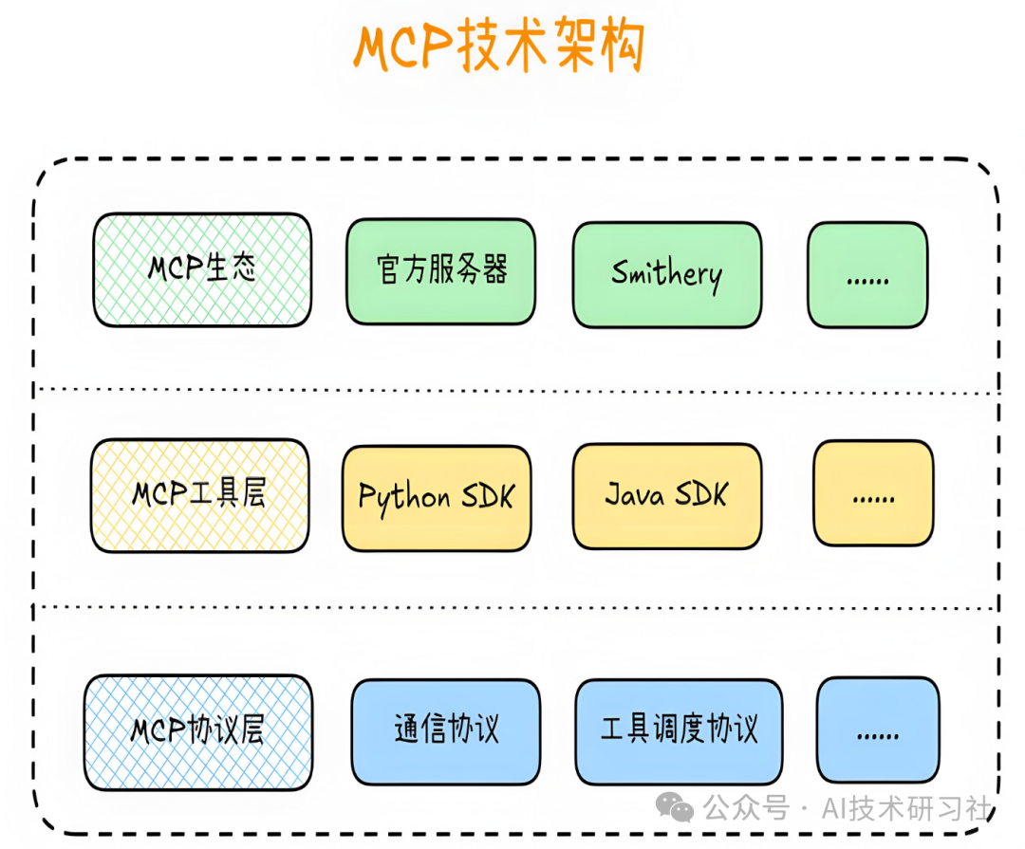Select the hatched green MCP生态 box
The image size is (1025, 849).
coord(201,270)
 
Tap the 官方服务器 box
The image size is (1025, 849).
coord(440,272)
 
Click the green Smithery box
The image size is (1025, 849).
coord(666,275)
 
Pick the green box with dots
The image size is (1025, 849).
coord(867,275)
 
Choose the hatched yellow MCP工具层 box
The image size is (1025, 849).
coord(199,495)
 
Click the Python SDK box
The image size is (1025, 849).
coord(437,498)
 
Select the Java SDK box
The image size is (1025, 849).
coord(667,496)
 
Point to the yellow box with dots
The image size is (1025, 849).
coord(873,493)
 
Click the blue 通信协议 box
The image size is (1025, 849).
coord(445,731)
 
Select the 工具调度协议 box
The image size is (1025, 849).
coord(680,731)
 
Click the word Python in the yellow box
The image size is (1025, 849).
coord(404,498)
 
